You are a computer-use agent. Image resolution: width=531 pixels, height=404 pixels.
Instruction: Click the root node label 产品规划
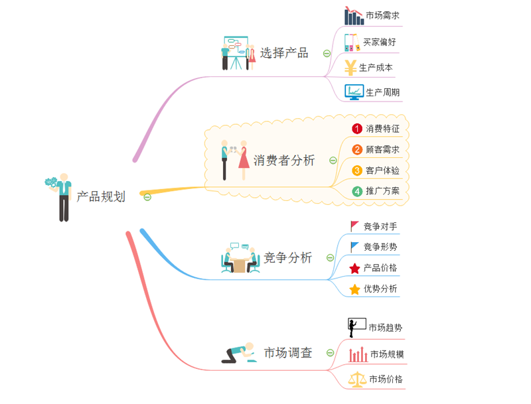click(101, 196)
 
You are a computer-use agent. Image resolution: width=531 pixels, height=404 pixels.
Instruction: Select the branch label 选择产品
click(284, 53)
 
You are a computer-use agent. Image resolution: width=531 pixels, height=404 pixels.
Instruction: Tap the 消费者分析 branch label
click(285, 160)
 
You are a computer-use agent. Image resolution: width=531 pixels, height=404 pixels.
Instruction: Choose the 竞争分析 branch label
click(288, 258)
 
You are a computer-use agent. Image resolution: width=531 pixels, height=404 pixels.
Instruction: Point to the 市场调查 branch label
click(288, 352)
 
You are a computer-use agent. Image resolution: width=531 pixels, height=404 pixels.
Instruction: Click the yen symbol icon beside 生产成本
click(350, 67)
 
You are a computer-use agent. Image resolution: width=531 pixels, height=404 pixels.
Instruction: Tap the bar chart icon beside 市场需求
click(354, 16)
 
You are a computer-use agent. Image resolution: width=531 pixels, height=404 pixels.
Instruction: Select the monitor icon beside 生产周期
click(354, 92)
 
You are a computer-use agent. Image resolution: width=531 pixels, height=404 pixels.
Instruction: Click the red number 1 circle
click(357, 129)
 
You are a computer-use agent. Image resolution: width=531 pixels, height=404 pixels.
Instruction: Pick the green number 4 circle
click(357, 191)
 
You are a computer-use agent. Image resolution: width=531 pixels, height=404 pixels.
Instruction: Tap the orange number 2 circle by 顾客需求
click(357, 149)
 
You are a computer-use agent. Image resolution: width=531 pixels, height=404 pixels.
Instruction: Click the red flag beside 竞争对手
click(354, 226)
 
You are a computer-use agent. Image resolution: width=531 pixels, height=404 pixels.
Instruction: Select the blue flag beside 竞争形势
click(354, 247)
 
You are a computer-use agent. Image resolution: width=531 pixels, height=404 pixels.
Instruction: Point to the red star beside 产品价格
click(354, 268)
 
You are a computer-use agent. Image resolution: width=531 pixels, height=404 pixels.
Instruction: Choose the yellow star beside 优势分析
click(354, 289)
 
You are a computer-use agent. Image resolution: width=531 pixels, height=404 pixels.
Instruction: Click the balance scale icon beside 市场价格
click(358, 379)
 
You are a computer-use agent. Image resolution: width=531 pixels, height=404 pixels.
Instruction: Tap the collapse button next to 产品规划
click(147, 196)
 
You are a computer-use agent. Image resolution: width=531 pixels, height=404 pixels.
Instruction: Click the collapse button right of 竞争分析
click(329, 258)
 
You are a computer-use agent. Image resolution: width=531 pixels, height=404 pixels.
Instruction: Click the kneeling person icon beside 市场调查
click(239, 353)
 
